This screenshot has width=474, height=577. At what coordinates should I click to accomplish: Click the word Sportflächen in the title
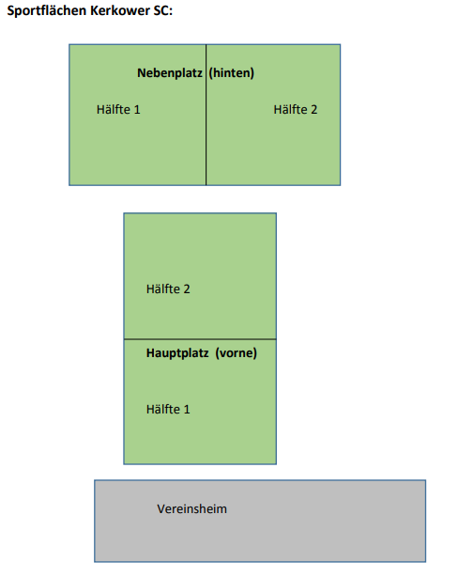pyautogui.click(x=47, y=10)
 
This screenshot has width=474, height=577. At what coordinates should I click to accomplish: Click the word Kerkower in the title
pyautogui.click(x=120, y=10)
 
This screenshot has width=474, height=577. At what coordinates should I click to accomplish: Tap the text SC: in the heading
pyautogui.click(x=162, y=10)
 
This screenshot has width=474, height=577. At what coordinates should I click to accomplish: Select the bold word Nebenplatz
pyautogui.click(x=170, y=73)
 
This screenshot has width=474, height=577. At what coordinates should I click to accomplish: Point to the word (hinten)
pyautogui.click(x=232, y=73)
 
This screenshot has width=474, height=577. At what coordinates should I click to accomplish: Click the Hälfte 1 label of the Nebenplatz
pyautogui.click(x=118, y=109)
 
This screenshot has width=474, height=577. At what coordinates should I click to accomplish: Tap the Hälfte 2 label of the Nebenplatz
pyautogui.click(x=296, y=109)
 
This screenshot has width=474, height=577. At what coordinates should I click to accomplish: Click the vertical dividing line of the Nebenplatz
pyautogui.click(x=206, y=115)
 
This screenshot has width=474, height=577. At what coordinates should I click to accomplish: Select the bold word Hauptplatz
pyautogui.click(x=177, y=353)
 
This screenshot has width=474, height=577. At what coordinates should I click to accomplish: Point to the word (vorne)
pyautogui.click(x=236, y=353)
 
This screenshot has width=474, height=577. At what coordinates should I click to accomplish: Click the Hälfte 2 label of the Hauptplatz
pyautogui.click(x=168, y=288)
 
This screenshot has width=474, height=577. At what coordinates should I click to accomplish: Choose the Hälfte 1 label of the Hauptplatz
pyautogui.click(x=168, y=409)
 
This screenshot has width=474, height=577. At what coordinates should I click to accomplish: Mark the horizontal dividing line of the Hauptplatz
pyautogui.click(x=200, y=339)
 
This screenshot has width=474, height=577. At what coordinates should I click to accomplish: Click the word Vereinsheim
pyautogui.click(x=192, y=509)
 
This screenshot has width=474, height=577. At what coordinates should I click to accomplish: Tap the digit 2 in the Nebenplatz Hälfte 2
pyautogui.click(x=313, y=110)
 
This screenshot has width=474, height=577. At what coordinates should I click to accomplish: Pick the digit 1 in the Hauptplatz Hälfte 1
pyautogui.click(x=187, y=410)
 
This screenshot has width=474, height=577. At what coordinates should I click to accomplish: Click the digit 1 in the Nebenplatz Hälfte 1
pyautogui.click(x=137, y=110)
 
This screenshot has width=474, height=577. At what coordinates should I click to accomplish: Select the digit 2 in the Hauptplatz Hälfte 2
pyautogui.click(x=187, y=289)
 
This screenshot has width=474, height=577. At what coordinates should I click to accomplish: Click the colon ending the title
pyautogui.click(x=171, y=12)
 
